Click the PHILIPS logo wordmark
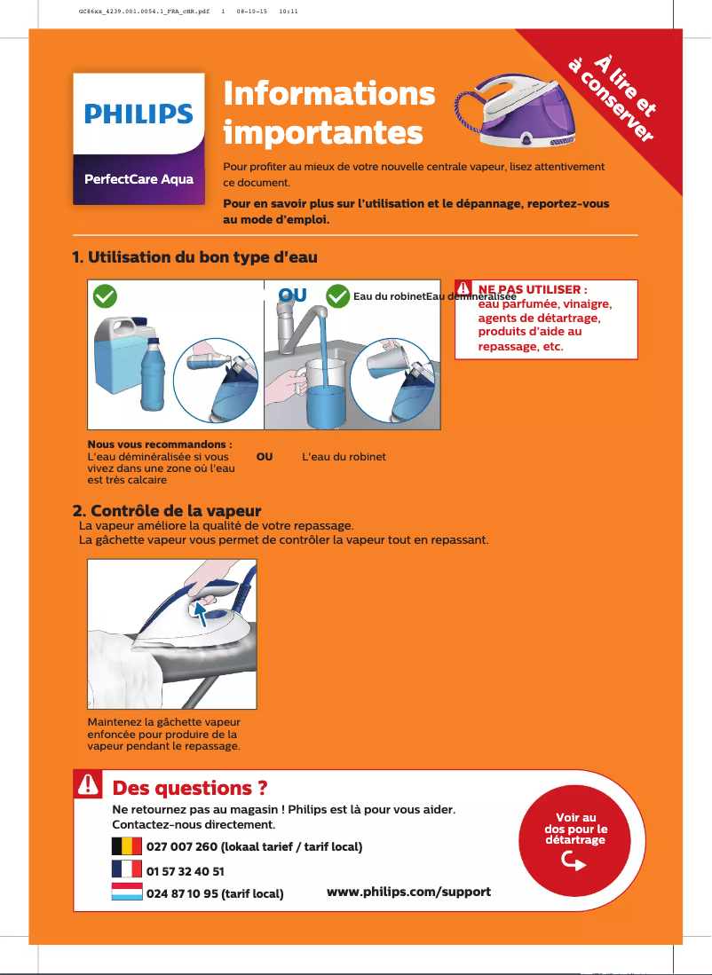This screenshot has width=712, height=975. click(138, 114)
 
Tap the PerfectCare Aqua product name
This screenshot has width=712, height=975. click(138, 178)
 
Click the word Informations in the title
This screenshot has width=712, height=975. click(329, 93)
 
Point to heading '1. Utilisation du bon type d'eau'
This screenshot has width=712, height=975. click(194, 257)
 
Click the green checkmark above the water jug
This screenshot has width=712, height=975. click(105, 295)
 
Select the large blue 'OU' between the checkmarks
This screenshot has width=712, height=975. click(293, 295)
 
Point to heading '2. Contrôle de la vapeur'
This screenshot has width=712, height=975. click(166, 512)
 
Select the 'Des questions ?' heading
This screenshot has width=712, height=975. click(190, 788)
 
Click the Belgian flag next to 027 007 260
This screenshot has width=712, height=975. click(127, 846)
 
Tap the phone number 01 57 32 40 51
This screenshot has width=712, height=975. click(185, 871)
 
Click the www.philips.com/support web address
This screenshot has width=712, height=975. click(408, 891)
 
